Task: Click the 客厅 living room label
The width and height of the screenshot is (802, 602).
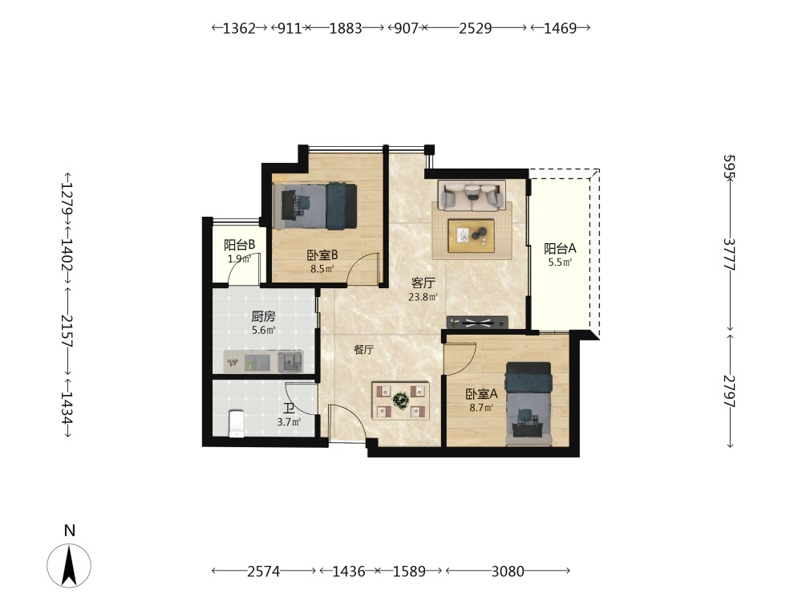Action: [423, 283]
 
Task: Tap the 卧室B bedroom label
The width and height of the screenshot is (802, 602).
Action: [322, 255]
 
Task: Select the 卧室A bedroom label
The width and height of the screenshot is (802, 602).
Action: [481, 394]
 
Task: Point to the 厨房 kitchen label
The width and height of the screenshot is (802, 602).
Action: [263, 317]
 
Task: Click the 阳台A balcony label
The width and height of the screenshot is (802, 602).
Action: [560, 249]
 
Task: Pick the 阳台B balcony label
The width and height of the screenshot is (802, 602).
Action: [239, 245]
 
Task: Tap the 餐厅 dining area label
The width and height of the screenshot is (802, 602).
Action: [363, 350]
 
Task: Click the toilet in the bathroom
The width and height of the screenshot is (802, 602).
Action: [236, 423]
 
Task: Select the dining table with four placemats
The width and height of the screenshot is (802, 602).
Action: [400, 401]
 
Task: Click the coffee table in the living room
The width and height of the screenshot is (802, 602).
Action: [471, 236]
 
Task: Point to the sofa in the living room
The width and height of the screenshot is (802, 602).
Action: [472, 195]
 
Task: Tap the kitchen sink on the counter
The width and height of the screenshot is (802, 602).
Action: [290, 361]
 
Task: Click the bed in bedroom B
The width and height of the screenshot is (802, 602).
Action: [315, 205]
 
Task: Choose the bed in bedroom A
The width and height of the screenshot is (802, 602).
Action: [529, 404]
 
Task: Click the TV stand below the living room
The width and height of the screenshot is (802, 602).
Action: [477, 323]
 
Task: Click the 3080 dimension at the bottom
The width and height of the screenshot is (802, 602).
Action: [508, 571]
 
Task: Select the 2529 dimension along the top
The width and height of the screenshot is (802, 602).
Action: [475, 28]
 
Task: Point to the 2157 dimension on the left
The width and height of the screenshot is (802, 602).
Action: [67, 332]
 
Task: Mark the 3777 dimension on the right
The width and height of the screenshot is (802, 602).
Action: [730, 255]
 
